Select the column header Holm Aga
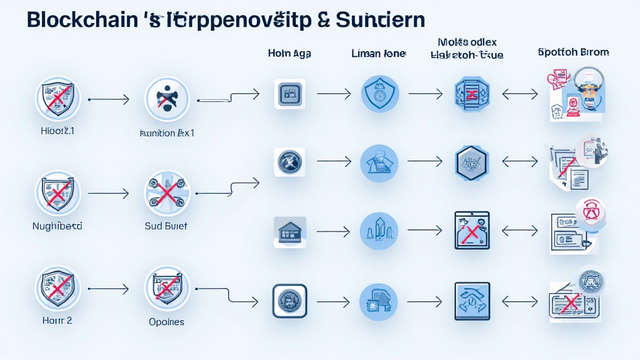click(x=289, y=54)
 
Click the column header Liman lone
click(x=379, y=54)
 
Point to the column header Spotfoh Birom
click(x=572, y=52)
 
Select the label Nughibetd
click(x=57, y=226)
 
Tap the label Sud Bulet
click(x=166, y=226)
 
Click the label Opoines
click(x=166, y=322)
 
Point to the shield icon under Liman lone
click(x=379, y=94)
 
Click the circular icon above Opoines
click(x=166, y=288)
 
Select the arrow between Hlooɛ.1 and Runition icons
click(x=109, y=99)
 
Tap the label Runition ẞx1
click(x=166, y=133)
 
